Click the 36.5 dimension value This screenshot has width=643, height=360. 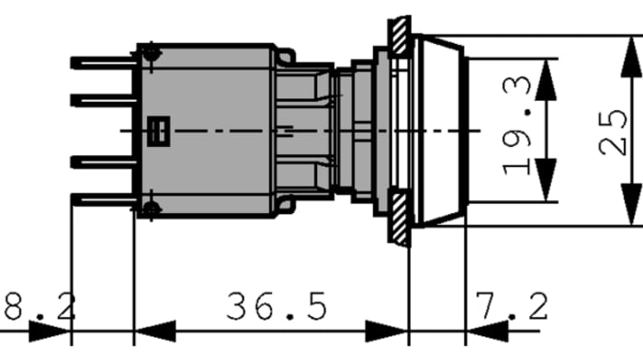(276, 306)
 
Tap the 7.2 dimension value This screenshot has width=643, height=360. (512, 306)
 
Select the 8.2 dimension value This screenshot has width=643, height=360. (39, 306)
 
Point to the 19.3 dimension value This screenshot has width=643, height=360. (516, 125)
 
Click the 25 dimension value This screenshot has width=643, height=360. (613, 132)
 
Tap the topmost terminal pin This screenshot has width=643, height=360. (103, 62)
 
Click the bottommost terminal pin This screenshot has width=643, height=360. (103, 199)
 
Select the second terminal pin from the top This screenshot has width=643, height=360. (103, 100)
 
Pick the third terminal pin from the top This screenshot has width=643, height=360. (103, 163)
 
